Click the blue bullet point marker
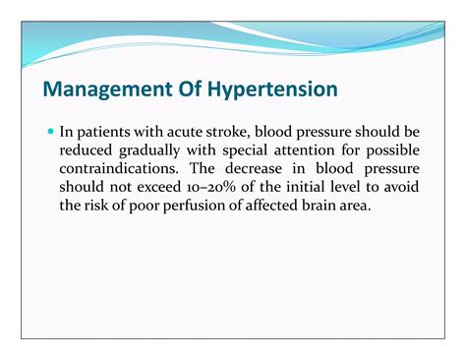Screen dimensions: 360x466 click(50, 130)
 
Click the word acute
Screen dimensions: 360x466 click(185, 130)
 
